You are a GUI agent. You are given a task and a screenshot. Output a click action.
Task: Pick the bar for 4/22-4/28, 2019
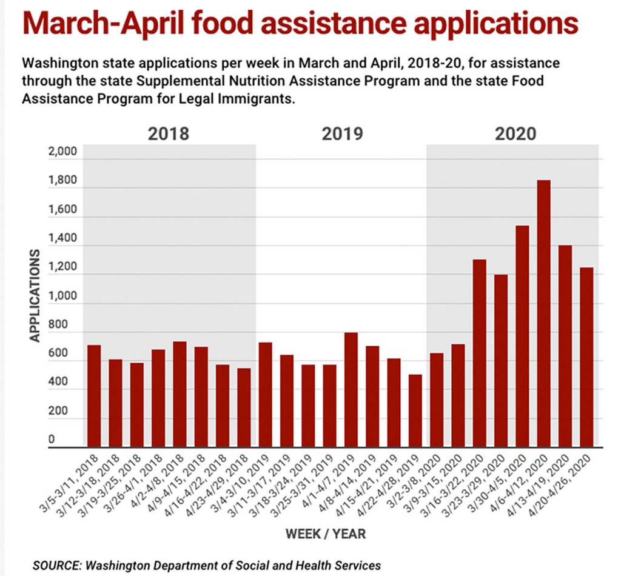click(415, 410)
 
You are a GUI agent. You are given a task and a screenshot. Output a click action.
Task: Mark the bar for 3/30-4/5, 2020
click(522, 337)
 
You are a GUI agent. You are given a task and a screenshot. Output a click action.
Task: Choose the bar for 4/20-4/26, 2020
click(586, 357)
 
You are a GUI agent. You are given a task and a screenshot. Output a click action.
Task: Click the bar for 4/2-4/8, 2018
click(180, 394)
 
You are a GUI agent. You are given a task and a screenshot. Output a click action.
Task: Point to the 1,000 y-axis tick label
click(62, 296)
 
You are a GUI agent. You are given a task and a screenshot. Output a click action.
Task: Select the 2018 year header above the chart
click(169, 133)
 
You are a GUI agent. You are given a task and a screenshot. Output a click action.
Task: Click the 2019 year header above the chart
click(342, 133)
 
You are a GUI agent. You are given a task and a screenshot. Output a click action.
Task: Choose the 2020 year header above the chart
click(515, 133)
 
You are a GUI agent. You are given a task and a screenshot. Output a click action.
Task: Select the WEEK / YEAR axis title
click(326, 534)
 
